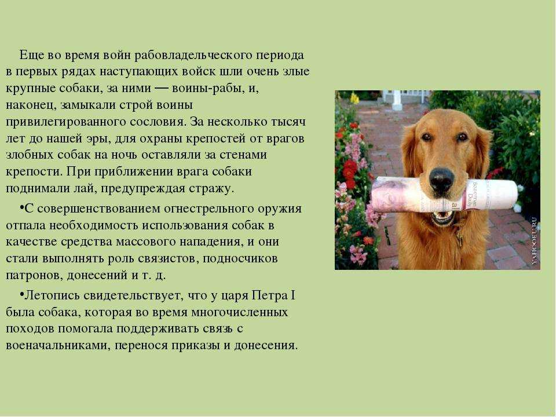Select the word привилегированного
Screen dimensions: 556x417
pos(65,122)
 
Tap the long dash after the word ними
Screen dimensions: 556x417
pos(162,88)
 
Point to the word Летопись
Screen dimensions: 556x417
pos(53,296)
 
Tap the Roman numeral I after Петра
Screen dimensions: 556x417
pos(293,295)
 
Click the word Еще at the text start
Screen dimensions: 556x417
pos(31,56)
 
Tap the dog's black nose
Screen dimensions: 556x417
pos(441,178)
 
